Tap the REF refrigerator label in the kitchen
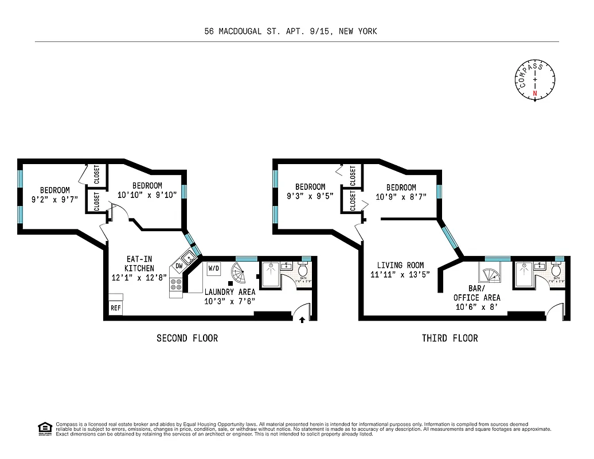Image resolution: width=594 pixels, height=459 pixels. point(116,308)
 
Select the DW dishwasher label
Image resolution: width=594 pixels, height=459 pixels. point(179,266)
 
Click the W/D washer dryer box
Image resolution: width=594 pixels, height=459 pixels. point(214,268)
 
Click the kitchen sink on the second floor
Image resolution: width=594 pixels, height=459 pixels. point(188,257)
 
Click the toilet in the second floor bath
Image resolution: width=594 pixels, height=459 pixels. point(303,270)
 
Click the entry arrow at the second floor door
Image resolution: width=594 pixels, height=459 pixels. point(302,319)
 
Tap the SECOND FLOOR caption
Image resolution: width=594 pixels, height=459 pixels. point(187,338)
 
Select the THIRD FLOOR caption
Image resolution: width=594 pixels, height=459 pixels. point(450,338)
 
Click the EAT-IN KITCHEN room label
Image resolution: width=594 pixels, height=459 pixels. point(140,263)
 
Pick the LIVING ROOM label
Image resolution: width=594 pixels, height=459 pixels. point(400,265)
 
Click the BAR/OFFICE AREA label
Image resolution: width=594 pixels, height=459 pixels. point(476,293)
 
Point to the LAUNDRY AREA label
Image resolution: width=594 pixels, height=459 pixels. point(230,292)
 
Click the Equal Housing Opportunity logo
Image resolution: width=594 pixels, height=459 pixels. point(45,429)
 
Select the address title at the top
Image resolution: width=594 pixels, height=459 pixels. point(291,32)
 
